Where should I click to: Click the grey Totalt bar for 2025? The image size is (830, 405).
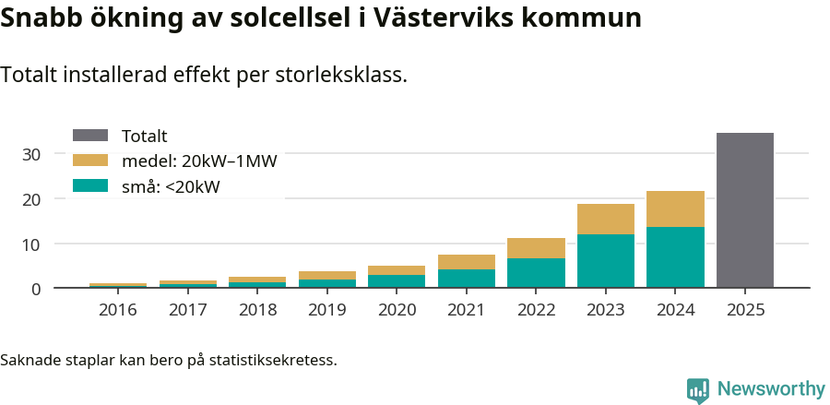click(744, 210)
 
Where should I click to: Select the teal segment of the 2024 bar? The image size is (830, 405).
click(675, 257)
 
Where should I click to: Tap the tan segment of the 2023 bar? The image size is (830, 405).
click(605, 219)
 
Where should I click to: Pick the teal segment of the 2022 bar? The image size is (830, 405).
click(536, 273)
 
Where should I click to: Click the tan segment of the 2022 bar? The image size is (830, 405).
click(536, 248)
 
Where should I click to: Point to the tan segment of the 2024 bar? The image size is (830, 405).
click(675, 208)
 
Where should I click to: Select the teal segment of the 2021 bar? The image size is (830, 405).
click(466, 279)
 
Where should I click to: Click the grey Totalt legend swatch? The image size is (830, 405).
click(90, 136)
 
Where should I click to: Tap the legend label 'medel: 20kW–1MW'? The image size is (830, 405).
click(199, 161)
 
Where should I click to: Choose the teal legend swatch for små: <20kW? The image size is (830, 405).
click(90, 186)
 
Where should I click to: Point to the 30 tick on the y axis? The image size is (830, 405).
click(31, 154)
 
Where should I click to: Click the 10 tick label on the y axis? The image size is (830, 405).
click(31, 244)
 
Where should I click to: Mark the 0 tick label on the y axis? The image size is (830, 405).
click(36, 290)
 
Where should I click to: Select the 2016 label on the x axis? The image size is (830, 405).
click(117, 310)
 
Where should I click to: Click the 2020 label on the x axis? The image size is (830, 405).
click(397, 310)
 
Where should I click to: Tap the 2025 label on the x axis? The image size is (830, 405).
click(744, 310)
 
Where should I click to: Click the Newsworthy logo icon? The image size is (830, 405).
click(698, 389)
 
